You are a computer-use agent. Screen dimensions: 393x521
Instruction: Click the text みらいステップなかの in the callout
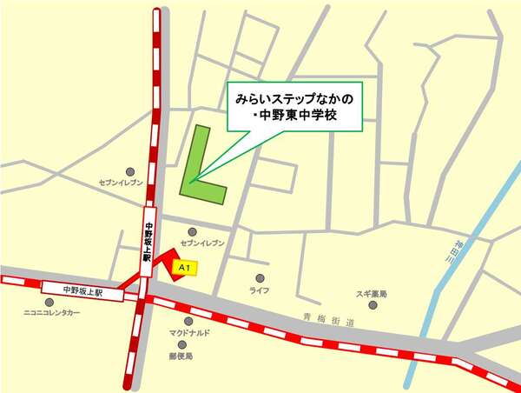(294, 99)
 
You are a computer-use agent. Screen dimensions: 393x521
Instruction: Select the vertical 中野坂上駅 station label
(148, 243)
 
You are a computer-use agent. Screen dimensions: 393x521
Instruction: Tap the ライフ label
(259, 290)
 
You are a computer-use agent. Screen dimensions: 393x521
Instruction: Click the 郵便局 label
(181, 356)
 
